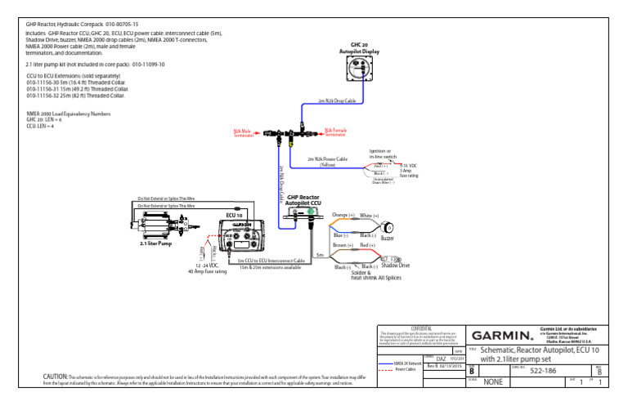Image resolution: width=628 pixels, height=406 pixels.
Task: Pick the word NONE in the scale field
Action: click(493, 381)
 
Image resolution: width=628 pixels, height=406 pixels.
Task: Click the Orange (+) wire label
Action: click(343, 215)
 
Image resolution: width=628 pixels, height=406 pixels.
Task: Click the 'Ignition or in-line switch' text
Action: click(380, 154)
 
